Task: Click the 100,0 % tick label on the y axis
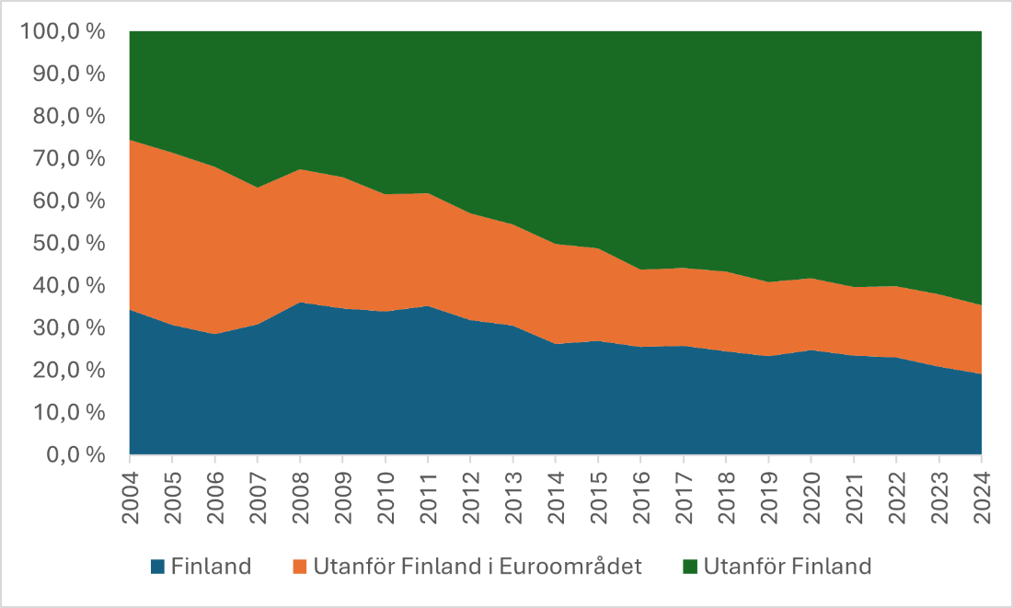tap(62, 32)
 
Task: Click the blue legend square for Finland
tap(157, 567)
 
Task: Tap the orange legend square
tap(300, 567)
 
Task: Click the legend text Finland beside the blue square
tap(211, 567)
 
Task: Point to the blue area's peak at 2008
tap(300, 303)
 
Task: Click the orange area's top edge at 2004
tap(131, 141)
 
